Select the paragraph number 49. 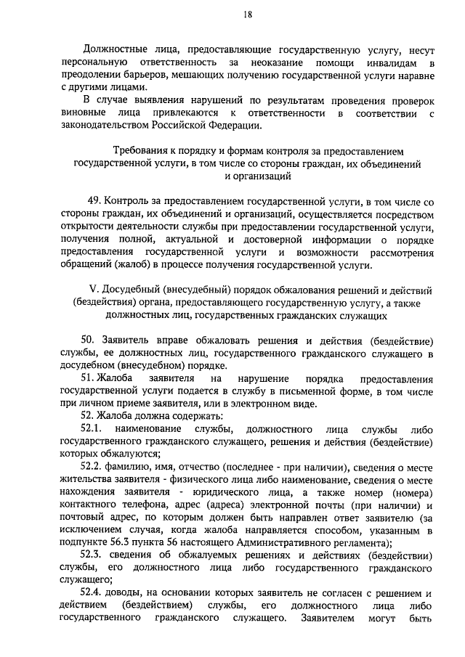coord(93,201)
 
